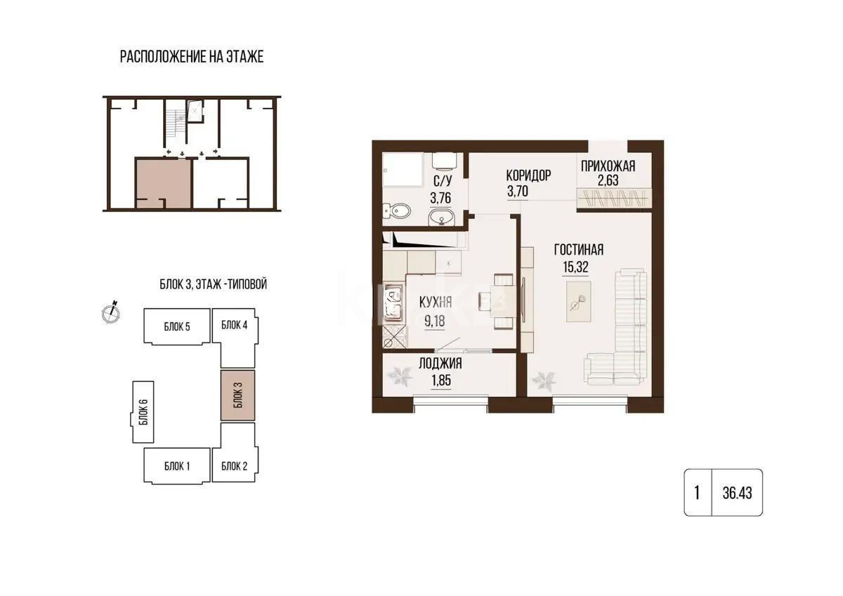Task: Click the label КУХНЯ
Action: click(436, 303)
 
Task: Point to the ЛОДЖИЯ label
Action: click(440, 364)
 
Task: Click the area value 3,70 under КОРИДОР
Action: click(517, 190)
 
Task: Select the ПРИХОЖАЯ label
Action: click(608, 166)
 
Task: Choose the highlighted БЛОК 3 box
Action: click(237, 396)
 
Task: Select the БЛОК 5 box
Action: click(177, 326)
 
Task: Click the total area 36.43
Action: click(737, 493)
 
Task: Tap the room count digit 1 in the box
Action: click(697, 493)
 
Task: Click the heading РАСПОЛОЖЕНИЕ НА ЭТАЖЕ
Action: click(192, 57)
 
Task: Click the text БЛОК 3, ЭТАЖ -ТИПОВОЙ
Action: click(213, 285)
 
